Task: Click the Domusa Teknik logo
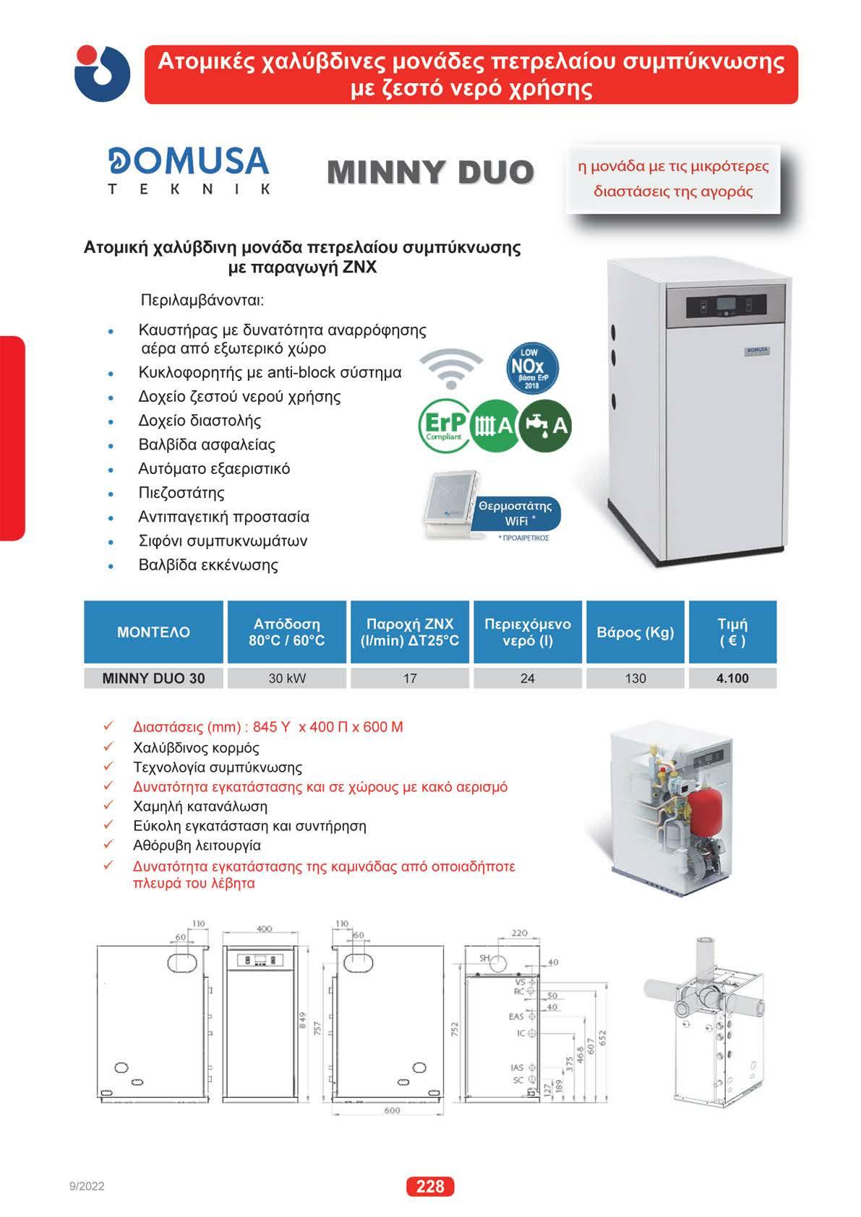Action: pyautogui.click(x=189, y=171)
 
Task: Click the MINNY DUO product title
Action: pyautogui.click(x=430, y=172)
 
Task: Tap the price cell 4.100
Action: pyautogui.click(x=732, y=678)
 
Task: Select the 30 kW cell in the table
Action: pyautogui.click(x=287, y=678)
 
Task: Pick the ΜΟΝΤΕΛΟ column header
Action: pyautogui.click(x=153, y=632)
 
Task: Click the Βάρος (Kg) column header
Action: pyautogui.click(x=635, y=632)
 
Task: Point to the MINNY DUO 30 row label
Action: pyautogui.click(x=153, y=678)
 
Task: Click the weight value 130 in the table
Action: pyautogui.click(x=635, y=678)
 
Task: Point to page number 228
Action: pyautogui.click(x=430, y=1186)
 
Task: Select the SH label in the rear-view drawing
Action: pyautogui.click(x=484, y=958)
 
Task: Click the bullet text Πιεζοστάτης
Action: pyautogui.click(x=181, y=493)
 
